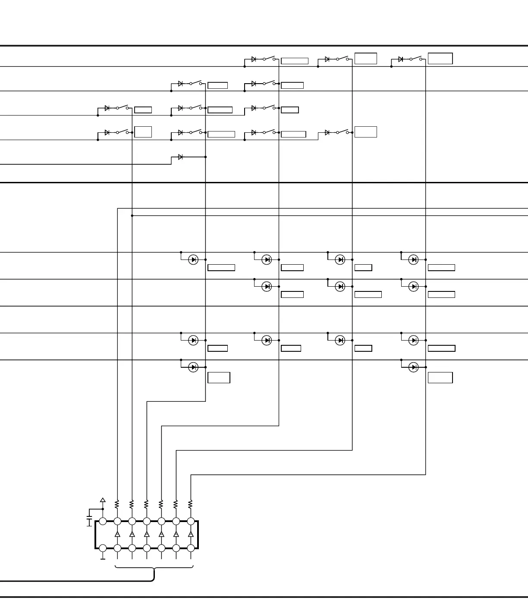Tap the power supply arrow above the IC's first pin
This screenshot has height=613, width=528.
103,500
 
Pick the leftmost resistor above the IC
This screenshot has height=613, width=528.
117,504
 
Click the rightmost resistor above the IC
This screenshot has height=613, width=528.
191,504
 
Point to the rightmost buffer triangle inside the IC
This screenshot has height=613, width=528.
191,534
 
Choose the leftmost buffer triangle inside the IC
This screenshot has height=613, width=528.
117,534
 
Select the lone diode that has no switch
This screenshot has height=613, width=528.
180,157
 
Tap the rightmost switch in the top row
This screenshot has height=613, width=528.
415,59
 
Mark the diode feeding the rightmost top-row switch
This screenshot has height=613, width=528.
401,59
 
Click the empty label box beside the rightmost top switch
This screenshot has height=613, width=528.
440,59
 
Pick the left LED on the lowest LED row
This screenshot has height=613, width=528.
193,367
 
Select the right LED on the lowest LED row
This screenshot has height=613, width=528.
413,367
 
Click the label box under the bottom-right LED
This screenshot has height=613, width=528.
440,378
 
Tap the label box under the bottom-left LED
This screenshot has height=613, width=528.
219,378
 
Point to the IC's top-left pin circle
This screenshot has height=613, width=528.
103,521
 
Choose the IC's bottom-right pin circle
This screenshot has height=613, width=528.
191,548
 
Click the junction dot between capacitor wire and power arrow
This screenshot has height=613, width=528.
103,509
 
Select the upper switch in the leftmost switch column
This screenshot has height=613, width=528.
122,108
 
